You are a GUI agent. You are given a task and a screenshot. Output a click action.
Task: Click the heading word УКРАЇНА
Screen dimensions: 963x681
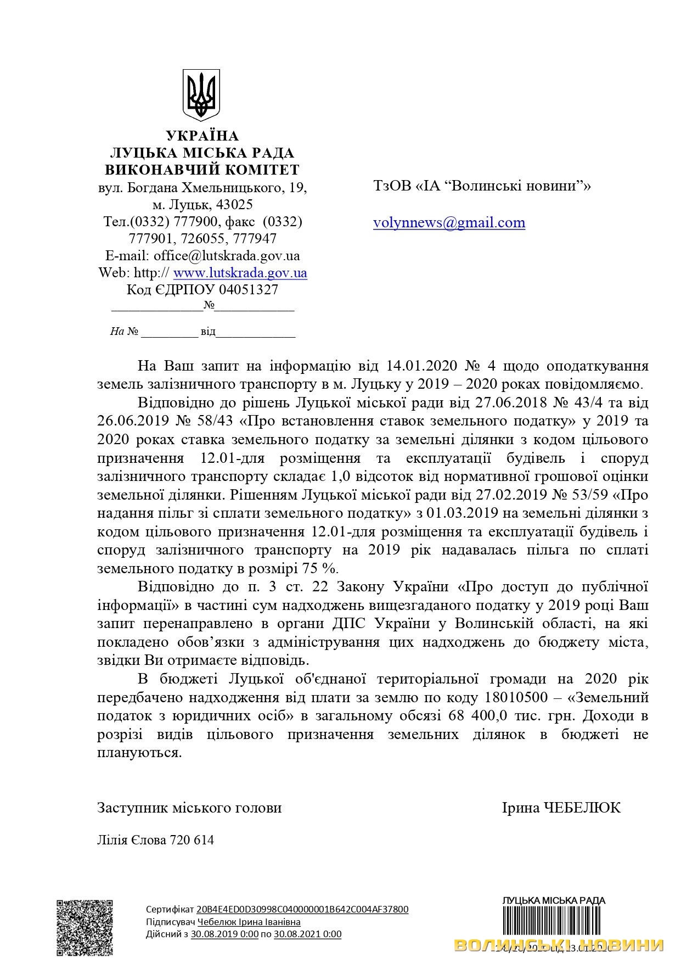(x=202, y=136)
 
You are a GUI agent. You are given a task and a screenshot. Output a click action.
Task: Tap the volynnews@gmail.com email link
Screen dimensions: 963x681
(x=449, y=222)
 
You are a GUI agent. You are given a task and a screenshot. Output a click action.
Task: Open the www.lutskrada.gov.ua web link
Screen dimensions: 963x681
(x=240, y=273)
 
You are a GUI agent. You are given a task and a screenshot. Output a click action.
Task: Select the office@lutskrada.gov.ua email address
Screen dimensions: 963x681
(x=227, y=256)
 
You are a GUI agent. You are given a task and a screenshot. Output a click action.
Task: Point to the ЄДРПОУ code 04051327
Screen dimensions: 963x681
(x=249, y=290)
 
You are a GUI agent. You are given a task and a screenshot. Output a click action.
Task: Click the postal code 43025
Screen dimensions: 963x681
(x=235, y=205)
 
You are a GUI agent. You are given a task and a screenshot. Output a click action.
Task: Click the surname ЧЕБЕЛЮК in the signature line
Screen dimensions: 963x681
(x=582, y=808)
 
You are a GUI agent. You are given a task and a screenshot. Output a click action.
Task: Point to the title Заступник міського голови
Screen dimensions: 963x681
(x=189, y=808)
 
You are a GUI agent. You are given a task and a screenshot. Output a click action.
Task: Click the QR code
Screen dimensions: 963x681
(x=85, y=928)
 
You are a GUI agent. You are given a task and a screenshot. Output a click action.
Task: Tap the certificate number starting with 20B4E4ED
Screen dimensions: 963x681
(x=302, y=909)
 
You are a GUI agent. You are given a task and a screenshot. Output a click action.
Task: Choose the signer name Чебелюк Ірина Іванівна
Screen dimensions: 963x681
(x=249, y=922)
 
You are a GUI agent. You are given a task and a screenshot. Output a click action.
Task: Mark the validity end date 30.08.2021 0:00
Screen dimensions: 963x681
(x=307, y=934)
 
